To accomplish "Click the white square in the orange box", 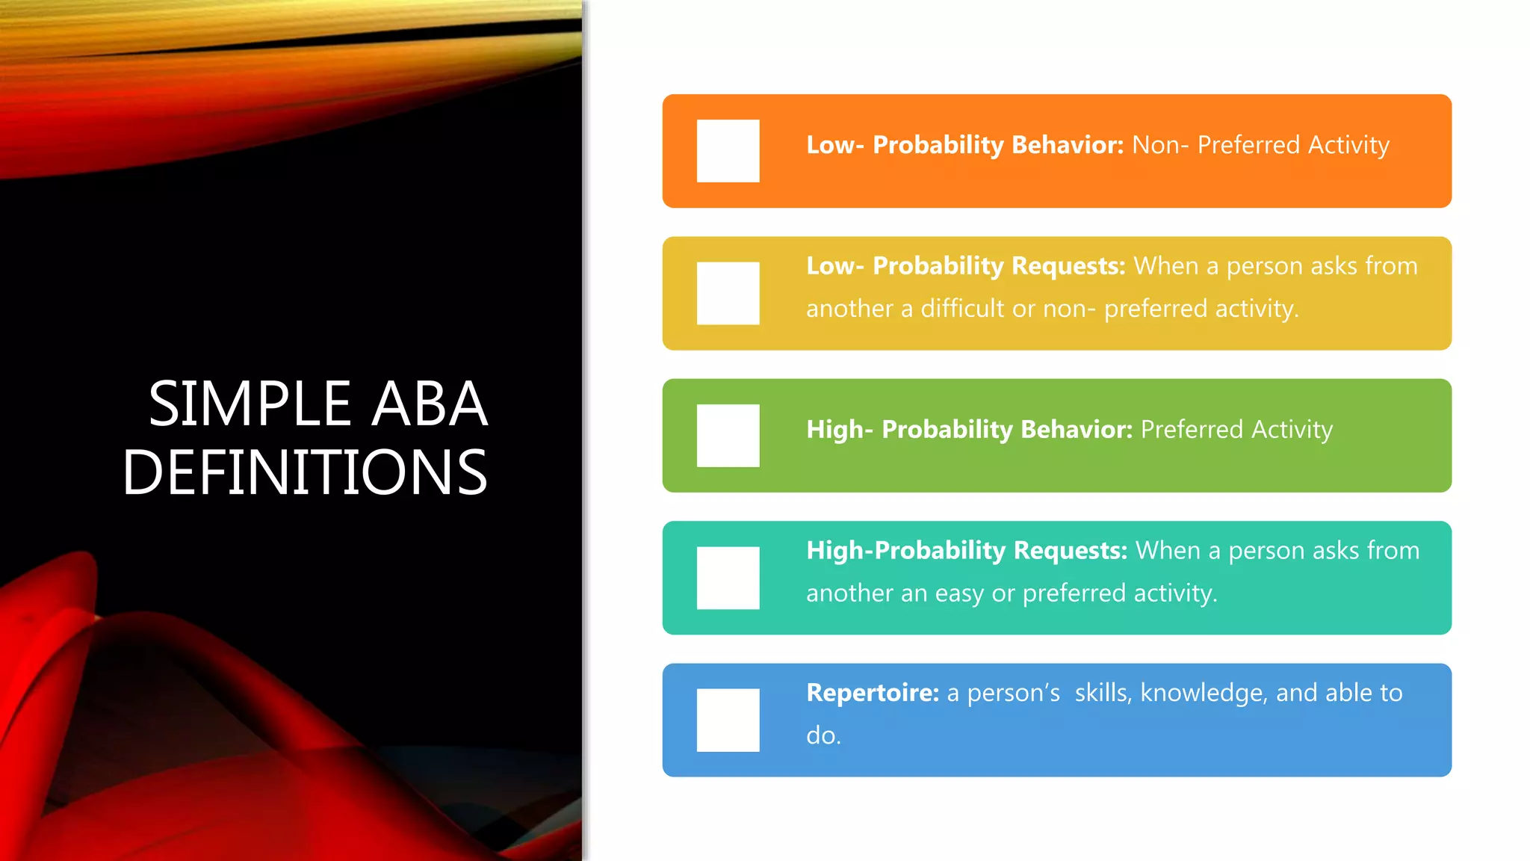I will tap(728, 151).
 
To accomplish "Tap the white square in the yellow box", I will tap(728, 293).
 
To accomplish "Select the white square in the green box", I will tap(728, 436).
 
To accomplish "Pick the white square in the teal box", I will tap(728, 578).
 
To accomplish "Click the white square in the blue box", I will tap(728, 720).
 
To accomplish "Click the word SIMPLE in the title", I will tap(250, 404).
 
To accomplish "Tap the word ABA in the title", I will tap(430, 404).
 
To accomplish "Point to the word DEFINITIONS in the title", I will tap(305, 472).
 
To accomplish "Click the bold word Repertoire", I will tap(872, 693).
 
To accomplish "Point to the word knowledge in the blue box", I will tap(1203, 693).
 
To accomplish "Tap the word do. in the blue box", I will tap(823, 735).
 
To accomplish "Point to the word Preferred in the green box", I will tap(1192, 430).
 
